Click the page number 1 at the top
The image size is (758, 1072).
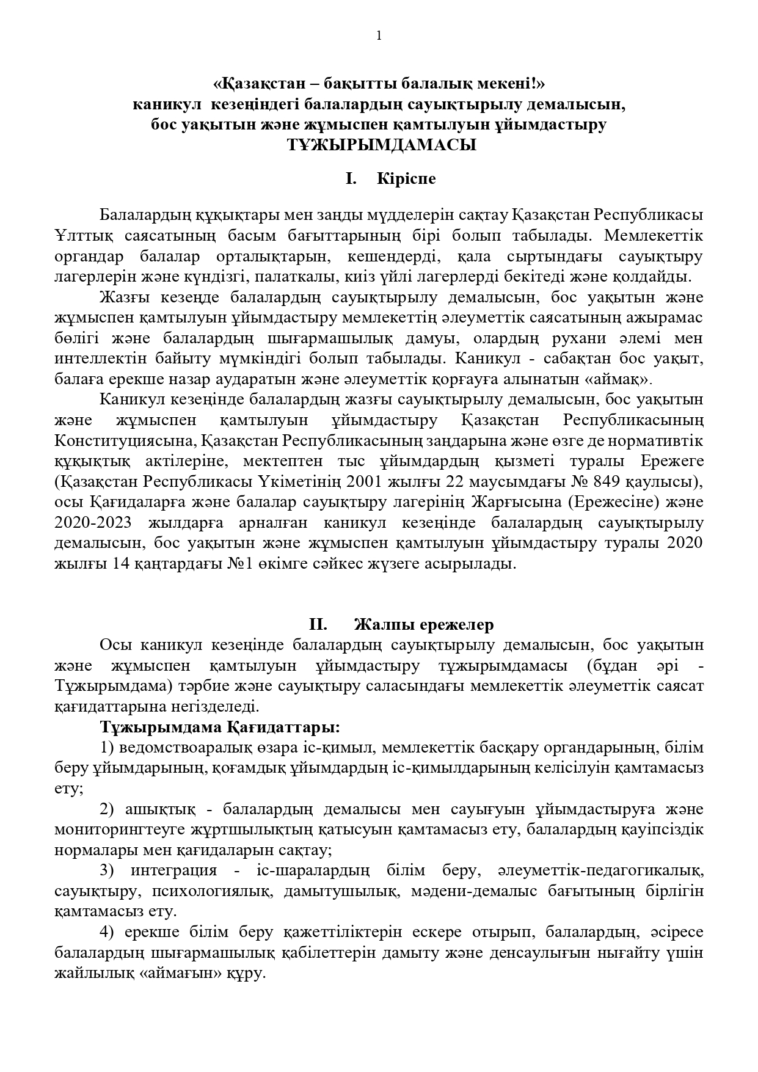(x=379, y=35)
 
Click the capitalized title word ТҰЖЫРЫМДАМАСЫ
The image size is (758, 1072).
(x=379, y=145)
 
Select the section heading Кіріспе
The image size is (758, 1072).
(x=406, y=179)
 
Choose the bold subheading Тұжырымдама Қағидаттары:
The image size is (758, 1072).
(x=220, y=727)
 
